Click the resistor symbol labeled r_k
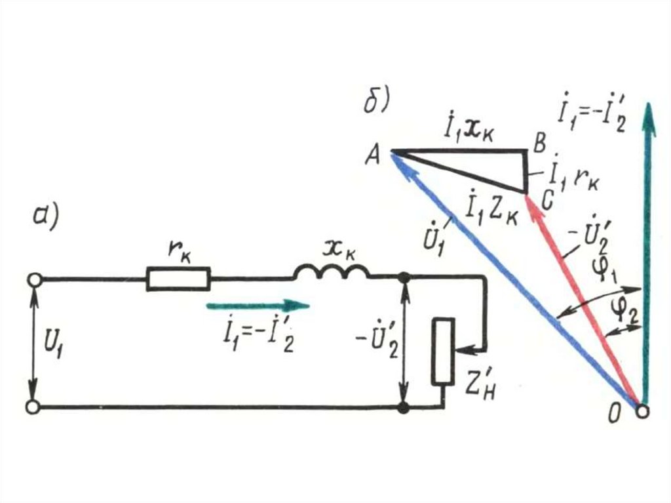tap(178, 279)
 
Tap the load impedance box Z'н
tap(443, 351)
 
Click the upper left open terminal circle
tap(33, 279)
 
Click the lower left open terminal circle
tap(33, 407)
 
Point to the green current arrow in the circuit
tap(256, 304)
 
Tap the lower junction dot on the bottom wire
tap(404, 407)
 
